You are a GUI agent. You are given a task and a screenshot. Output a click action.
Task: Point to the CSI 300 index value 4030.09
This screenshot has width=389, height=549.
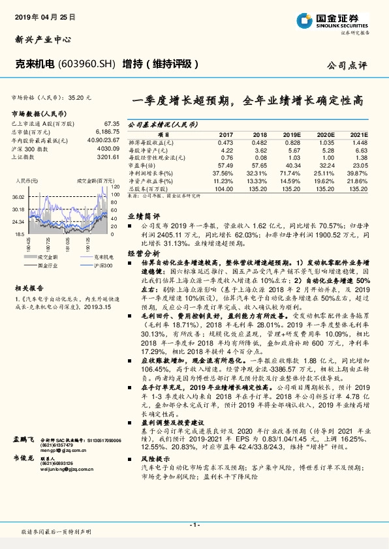[x=108, y=148]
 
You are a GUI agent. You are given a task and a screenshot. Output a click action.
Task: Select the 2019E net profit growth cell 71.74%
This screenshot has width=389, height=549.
[x=291, y=173]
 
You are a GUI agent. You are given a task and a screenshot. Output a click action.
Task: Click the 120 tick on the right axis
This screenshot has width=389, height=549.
[x=115, y=187]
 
